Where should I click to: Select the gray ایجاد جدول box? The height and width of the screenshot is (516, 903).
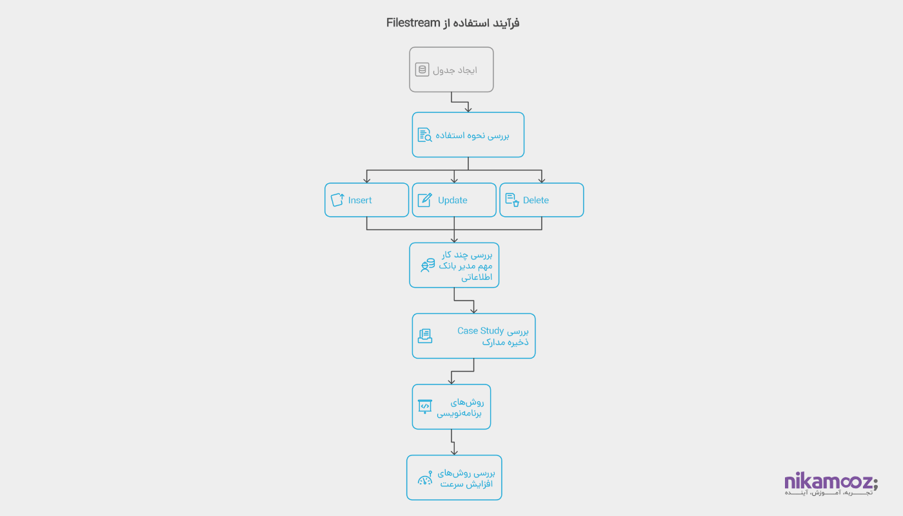pyautogui.click(x=451, y=69)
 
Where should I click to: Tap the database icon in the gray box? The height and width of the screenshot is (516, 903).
pyautogui.click(x=422, y=70)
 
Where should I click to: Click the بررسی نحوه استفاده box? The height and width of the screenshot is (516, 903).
pyautogui.click(x=468, y=135)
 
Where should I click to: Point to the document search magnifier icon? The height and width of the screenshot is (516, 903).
pyautogui.click(x=424, y=135)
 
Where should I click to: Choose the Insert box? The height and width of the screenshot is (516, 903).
pyautogui.click(x=366, y=200)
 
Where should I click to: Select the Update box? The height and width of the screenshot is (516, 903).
pyautogui.click(x=454, y=200)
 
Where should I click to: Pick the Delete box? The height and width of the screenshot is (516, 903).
pyautogui.click(x=542, y=200)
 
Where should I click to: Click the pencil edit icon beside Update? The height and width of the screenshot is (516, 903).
pyautogui.click(x=424, y=200)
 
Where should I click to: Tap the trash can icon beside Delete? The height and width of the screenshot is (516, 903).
pyautogui.click(x=512, y=200)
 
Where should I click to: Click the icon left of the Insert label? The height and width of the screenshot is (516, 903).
pyautogui.click(x=337, y=200)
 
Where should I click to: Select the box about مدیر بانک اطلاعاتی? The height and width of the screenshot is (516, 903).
pyautogui.click(x=454, y=265)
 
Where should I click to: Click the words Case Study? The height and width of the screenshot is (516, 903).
pyautogui.click(x=481, y=331)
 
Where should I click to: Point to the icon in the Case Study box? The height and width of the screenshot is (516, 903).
pyautogui.click(x=424, y=336)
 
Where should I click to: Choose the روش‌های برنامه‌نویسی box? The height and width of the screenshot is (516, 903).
pyautogui.click(x=451, y=407)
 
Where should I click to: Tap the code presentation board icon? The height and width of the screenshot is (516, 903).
pyautogui.click(x=424, y=406)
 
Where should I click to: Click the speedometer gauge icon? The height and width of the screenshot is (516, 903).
pyautogui.click(x=425, y=478)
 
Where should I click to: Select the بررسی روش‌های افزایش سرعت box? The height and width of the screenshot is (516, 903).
pyautogui.click(x=454, y=478)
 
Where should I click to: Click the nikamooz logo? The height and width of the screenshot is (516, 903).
pyautogui.click(x=831, y=484)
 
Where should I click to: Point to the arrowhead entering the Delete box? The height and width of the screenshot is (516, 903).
pyautogui.click(x=542, y=180)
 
